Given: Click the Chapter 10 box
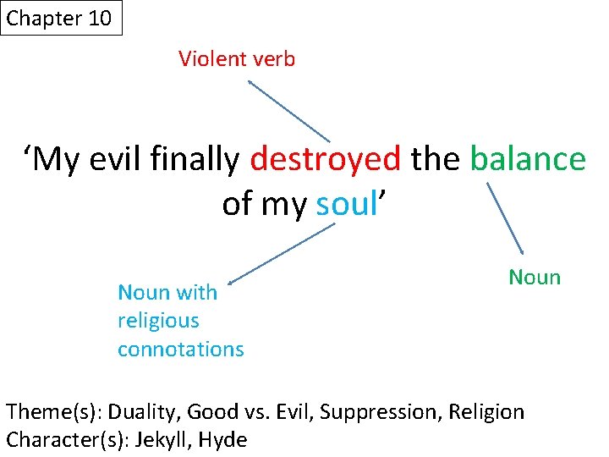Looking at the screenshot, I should pyautogui.click(x=61, y=19).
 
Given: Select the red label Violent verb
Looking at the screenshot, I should pyautogui.click(x=237, y=59).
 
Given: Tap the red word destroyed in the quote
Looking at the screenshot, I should pyautogui.click(x=326, y=158).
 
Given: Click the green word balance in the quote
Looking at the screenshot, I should pyautogui.click(x=527, y=158).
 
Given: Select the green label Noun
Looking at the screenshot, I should pyautogui.click(x=534, y=278).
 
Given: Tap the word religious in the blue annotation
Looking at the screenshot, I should pyautogui.click(x=158, y=321).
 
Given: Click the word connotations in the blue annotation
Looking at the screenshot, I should pyautogui.click(x=180, y=349).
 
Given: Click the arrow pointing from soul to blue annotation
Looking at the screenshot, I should pyautogui.click(x=281, y=252).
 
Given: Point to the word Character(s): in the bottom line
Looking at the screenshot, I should pyautogui.click(x=62, y=440).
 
